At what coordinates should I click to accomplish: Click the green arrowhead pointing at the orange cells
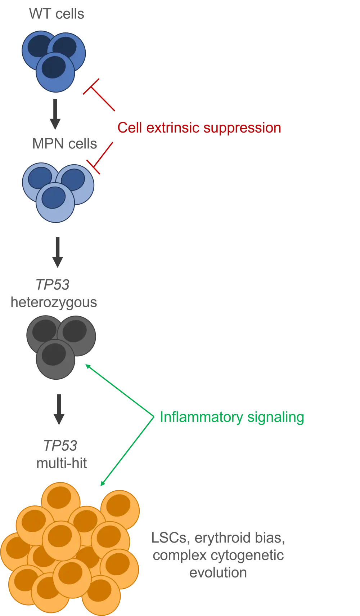(103, 483)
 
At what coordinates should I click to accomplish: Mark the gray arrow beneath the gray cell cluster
(59, 409)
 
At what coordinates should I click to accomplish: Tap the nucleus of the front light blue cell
(53, 197)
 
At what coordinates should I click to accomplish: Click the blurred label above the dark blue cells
(58, 15)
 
